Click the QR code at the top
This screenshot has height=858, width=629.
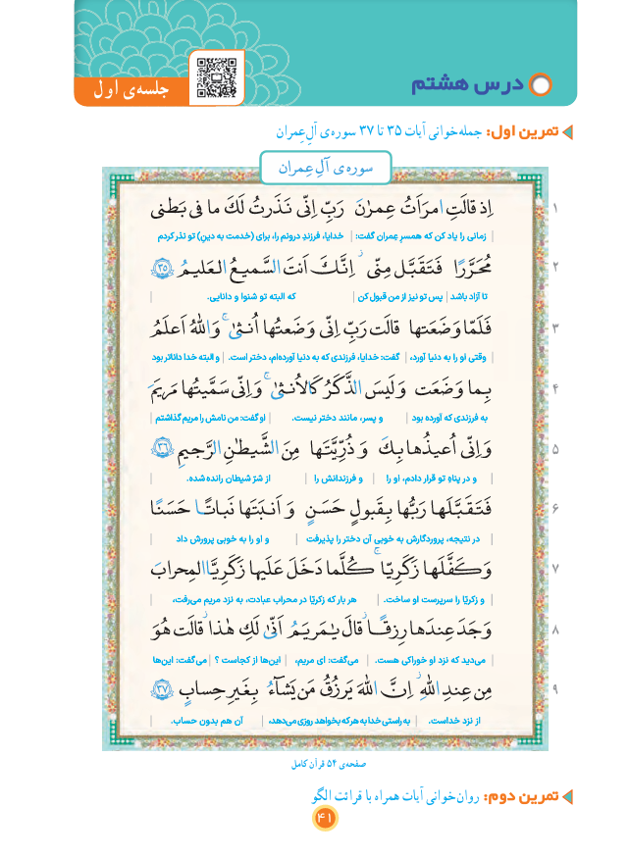tap(217, 77)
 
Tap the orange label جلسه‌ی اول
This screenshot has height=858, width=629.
tap(132, 91)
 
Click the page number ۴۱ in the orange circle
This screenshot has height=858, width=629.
tap(325, 817)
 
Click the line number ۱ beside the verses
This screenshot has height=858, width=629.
tap(555, 210)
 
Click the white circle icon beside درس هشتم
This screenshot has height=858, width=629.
tap(541, 86)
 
